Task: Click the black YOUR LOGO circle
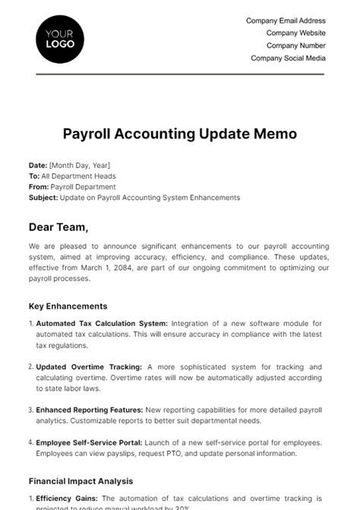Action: [60, 39]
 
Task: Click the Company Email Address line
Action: [286, 21]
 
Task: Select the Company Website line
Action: [295, 33]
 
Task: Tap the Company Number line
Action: [295, 46]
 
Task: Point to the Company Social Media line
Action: [288, 58]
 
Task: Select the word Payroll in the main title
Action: [87, 134]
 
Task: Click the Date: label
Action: [38, 165]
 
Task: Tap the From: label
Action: [39, 186]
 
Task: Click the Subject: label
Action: [43, 198]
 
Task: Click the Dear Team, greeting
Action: [58, 226]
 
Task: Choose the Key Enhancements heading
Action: [68, 306]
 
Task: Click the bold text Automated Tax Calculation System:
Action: [102, 323]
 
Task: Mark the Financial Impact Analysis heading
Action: [81, 481]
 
